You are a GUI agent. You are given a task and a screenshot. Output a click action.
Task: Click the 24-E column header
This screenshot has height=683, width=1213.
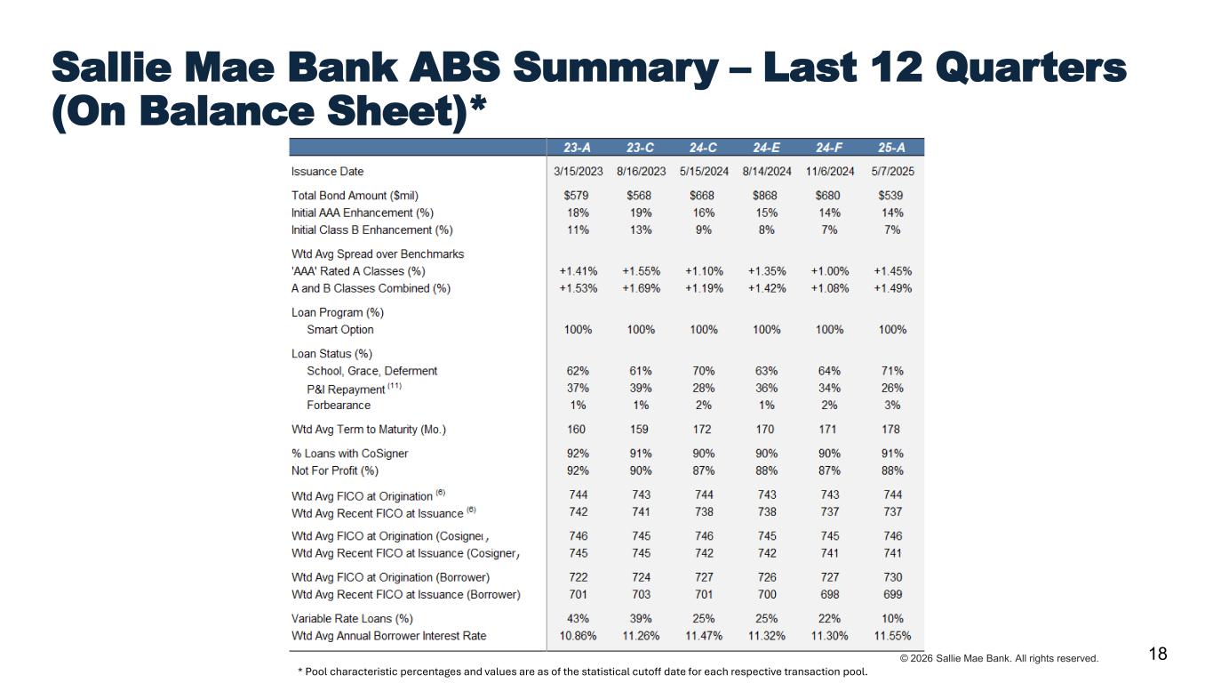pos(766,148)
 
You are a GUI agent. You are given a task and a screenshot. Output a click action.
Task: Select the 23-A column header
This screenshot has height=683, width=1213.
pos(578,148)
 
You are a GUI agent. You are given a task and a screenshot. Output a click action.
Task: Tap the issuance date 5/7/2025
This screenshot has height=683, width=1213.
pos(892,172)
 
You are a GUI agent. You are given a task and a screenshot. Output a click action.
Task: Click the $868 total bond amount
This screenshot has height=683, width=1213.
pos(766,196)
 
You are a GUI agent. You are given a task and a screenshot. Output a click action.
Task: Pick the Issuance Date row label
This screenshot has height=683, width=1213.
pos(327,172)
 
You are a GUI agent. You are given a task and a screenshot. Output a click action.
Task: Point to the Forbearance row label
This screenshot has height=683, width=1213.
pos(339,406)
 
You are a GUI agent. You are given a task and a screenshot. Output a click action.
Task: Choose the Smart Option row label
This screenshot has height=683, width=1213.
pos(340,330)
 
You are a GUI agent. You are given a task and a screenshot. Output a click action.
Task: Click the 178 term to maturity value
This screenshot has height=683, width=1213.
pos(892,430)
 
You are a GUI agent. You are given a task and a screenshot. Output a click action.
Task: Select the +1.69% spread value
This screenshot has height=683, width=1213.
pos(641,288)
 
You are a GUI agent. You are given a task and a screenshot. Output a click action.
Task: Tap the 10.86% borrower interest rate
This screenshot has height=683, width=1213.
pos(578,636)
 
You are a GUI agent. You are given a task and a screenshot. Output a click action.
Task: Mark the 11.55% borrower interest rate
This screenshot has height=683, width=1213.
pos(892,636)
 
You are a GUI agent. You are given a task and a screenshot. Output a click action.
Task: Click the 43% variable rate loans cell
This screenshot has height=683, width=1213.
pos(578,618)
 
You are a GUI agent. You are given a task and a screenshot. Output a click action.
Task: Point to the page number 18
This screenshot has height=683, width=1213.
pos(1158,655)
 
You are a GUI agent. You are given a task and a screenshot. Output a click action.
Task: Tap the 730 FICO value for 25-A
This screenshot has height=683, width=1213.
pos(892,577)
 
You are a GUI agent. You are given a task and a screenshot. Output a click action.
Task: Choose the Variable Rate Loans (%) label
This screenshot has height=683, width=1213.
pos(352,618)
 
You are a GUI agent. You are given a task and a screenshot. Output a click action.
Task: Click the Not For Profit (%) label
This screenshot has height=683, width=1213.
pos(335,470)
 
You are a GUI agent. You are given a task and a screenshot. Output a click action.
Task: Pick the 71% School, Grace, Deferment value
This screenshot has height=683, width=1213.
pos(892,371)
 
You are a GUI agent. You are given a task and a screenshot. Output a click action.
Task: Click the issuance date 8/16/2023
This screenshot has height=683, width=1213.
pos(641,172)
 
